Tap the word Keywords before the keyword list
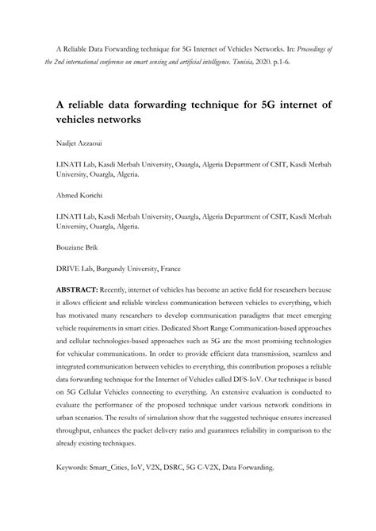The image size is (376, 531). coord(76,468)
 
